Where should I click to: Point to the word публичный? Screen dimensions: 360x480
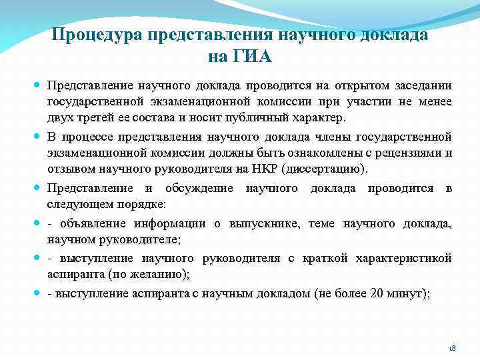247,118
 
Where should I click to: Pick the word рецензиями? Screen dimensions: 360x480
409,153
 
